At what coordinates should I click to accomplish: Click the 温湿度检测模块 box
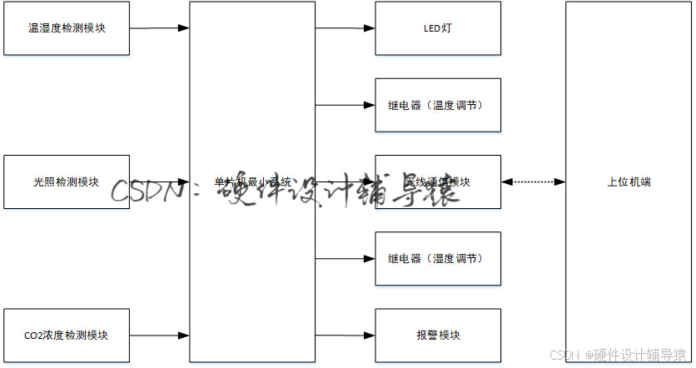[x=67, y=28]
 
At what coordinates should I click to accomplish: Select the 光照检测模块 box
[x=67, y=182]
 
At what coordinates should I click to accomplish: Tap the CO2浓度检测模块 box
[x=67, y=336]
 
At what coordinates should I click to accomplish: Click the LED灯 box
[x=438, y=28]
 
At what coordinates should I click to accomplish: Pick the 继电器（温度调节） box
[x=438, y=105]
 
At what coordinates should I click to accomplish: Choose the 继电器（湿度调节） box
[x=438, y=258]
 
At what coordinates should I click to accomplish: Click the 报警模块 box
[x=438, y=336]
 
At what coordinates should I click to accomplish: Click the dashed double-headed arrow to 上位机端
[x=533, y=182]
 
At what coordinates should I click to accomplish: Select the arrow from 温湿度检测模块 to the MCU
[x=159, y=28]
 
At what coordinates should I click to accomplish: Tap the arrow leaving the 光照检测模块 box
[x=159, y=182]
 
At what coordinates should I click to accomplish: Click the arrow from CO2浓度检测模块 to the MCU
[x=159, y=336]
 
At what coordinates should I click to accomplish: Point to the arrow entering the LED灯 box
[x=345, y=28]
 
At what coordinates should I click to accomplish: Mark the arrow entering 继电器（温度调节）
[x=345, y=106]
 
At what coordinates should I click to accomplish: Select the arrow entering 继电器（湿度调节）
[x=345, y=258]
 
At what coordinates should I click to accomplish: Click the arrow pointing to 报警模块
[x=345, y=336]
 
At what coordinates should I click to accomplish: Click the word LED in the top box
[x=431, y=28]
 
